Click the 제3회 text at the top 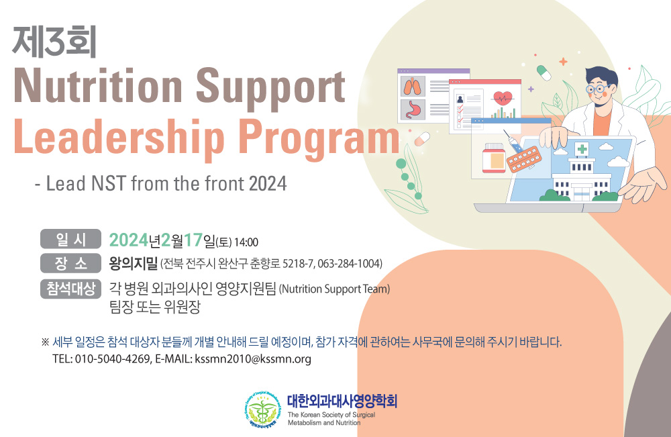(54, 42)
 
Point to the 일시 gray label (70, 239)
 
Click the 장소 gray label (70, 263)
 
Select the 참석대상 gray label (70, 289)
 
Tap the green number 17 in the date (193, 240)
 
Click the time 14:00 (246, 242)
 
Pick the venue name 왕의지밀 (134, 262)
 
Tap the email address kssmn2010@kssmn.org (253, 358)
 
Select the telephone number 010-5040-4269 (112, 358)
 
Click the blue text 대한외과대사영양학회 (342, 401)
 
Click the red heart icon (503, 99)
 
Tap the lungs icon (413, 87)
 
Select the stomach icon (413, 109)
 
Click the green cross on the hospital (582, 149)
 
